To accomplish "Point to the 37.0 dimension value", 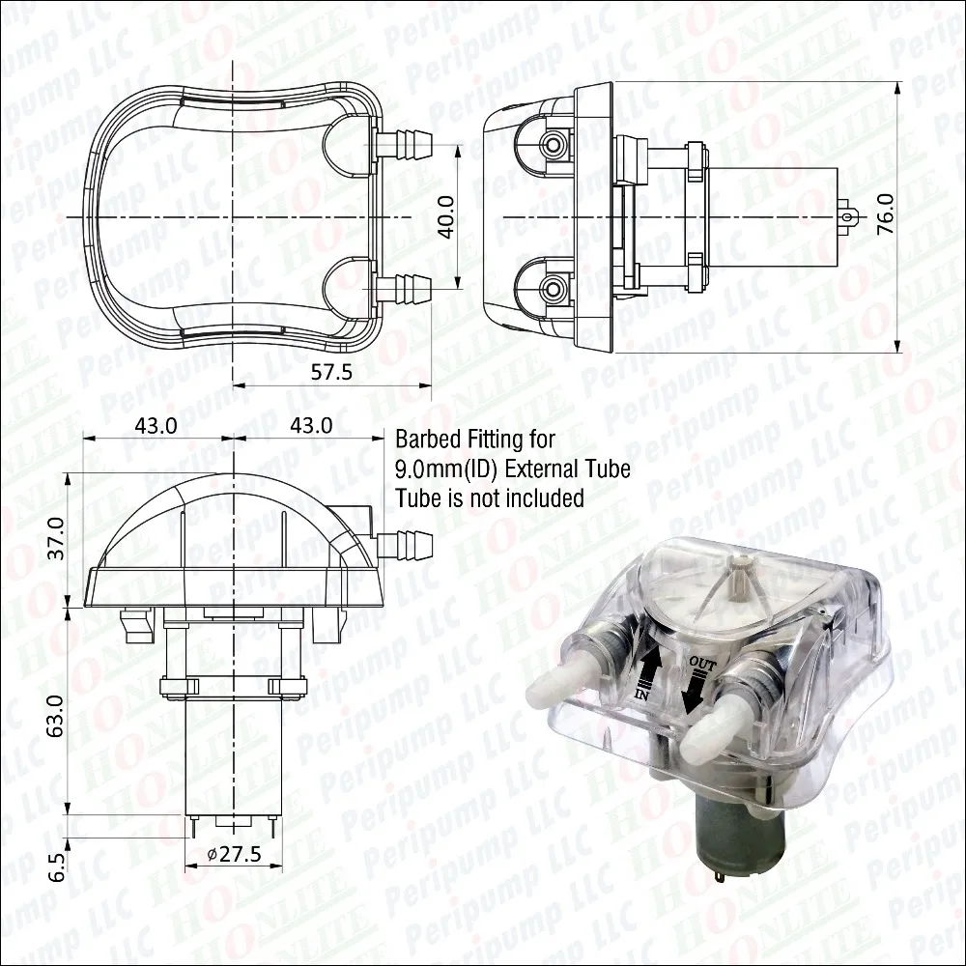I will point(56,537).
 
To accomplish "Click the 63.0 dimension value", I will point(56,713).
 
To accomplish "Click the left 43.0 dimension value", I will point(156,425).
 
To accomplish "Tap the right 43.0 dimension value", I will point(311,425).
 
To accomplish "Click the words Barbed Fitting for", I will point(475,440).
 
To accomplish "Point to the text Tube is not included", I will point(490,498).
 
